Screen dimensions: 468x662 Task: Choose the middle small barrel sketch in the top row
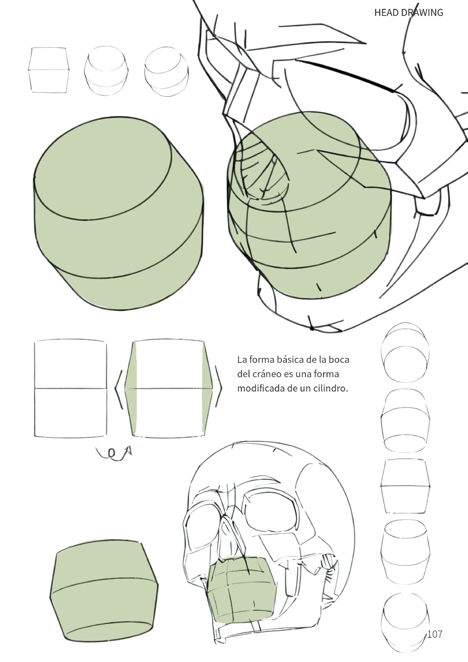click(x=106, y=71)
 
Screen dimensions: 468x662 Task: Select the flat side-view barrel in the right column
click(x=405, y=486)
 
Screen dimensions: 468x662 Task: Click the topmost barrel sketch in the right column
click(x=405, y=352)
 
